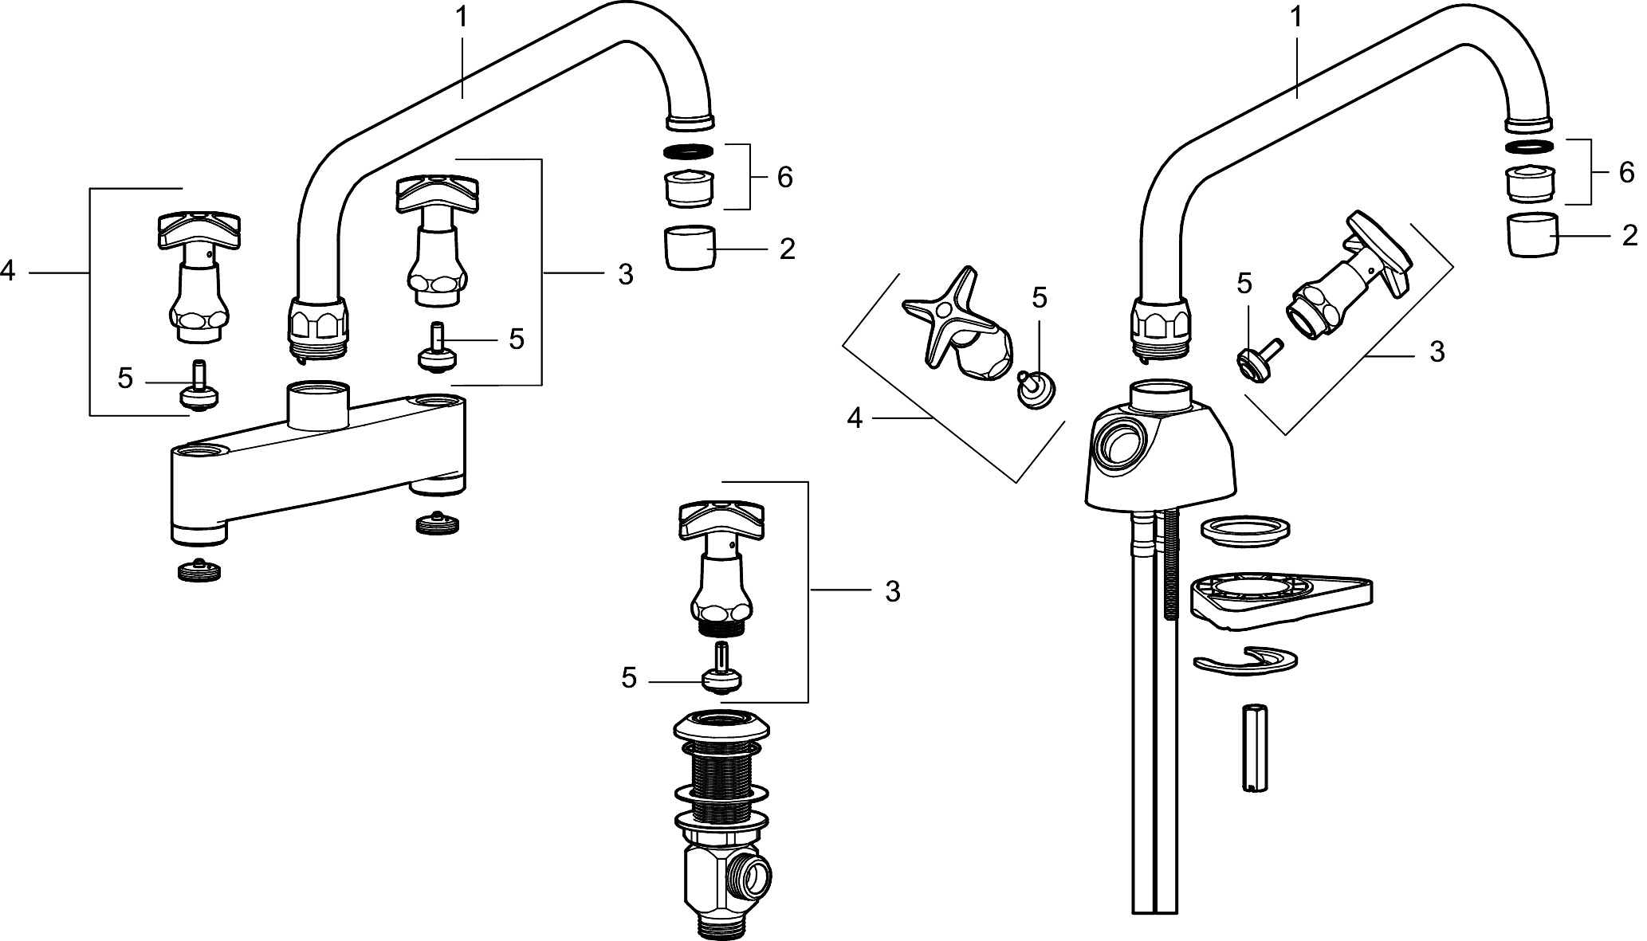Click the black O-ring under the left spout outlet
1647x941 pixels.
click(689, 151)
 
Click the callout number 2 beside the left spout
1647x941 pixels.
click(787, 249)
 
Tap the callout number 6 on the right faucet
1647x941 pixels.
click(1625, 172)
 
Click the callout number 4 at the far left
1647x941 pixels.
click(8, 272)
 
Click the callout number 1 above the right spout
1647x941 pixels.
click(1295, 18)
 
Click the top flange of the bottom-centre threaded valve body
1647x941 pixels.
click(721, 726)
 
